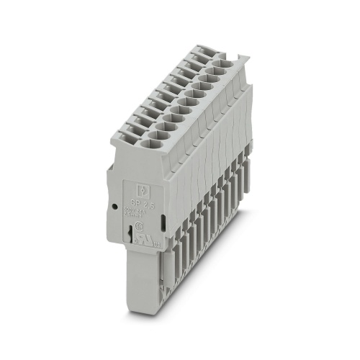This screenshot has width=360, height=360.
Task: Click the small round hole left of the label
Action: tap(115, 205)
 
